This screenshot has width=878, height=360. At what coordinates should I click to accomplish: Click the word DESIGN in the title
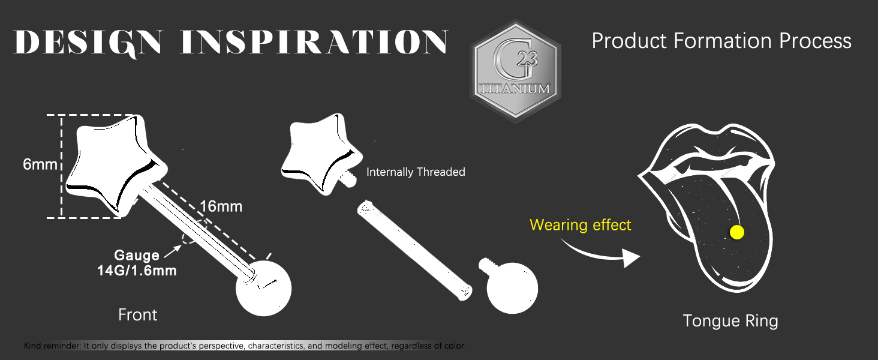click(x=88, y=41)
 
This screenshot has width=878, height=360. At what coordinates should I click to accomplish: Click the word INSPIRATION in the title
click(x=314, y=41)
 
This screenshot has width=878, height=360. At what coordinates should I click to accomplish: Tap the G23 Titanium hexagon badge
click(x=515, y=71)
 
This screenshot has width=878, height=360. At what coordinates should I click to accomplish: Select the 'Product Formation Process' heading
click(x=721, y=41)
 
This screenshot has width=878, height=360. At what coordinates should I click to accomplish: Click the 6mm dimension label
click(x=40, y=164)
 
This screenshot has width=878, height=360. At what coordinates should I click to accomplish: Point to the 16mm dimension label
click(x=221, y=206)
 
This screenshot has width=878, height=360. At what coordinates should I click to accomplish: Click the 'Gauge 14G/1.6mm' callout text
click(x=137, y=263)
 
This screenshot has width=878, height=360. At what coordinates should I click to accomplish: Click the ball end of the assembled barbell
click(x=263, y=288)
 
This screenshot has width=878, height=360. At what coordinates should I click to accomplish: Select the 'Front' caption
click(x=137, y=315)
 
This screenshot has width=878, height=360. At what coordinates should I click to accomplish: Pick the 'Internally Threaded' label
click(x=416, y=172)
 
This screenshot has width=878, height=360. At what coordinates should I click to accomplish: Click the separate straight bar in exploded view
click(x=414, y=250)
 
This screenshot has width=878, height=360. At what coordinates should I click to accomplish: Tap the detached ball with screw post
click(x=510, y=286)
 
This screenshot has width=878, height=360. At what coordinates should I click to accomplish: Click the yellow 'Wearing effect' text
click(x=580, y=225)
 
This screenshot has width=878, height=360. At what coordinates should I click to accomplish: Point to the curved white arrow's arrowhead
click(x=632, y=258)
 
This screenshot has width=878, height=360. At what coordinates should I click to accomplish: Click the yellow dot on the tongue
click(x=737, y=232)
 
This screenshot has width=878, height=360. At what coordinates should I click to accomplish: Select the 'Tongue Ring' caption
click(x=730, y=321)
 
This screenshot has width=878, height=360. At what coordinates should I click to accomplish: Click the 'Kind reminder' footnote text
click(x=245, y=346)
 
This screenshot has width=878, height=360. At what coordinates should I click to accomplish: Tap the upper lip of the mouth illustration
click(x=705, y=141)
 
